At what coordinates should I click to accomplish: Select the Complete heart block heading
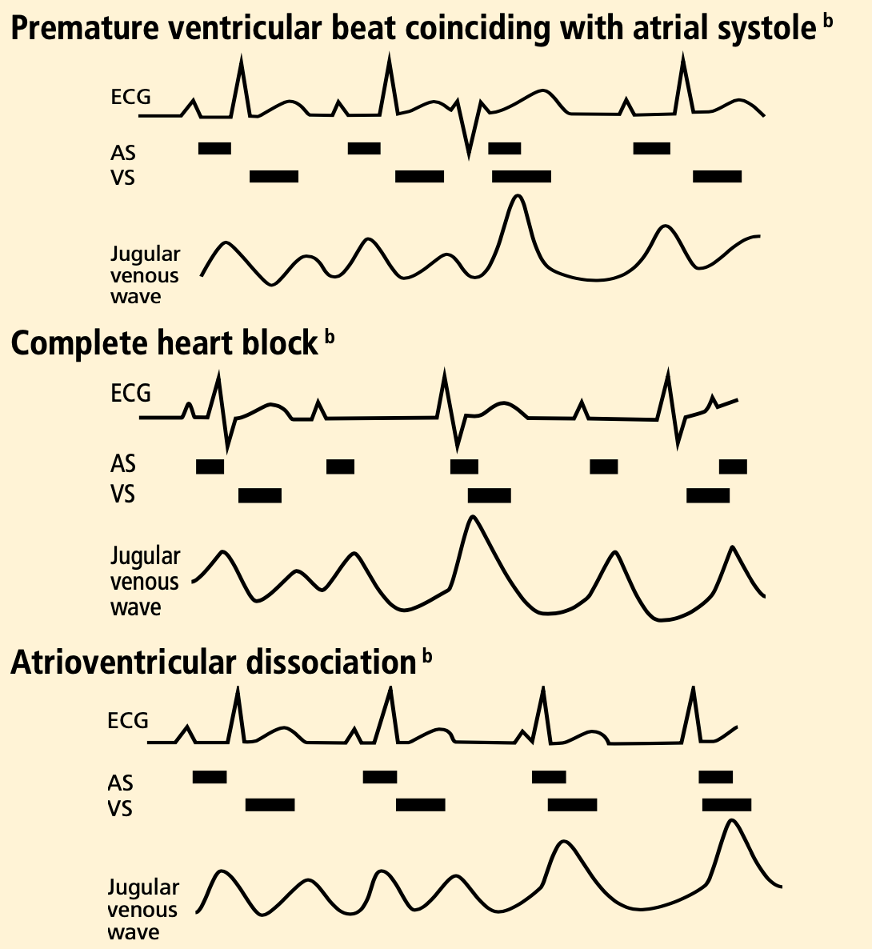coord(164,343)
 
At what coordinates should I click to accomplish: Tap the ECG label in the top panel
coord(130,98)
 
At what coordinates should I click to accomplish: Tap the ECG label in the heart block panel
coord(130,394)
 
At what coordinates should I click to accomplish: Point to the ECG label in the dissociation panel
coord(128,721)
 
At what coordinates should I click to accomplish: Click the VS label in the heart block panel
coord(123,495)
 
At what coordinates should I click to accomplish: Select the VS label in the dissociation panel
coord(120,808)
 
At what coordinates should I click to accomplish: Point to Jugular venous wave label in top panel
coord(145,275)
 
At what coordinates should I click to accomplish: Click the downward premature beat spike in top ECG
coord(469,152)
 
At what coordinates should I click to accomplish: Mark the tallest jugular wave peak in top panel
coord(518,198)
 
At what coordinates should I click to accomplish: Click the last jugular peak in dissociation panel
coord(730,821)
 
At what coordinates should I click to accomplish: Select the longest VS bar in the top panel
coord(522,176)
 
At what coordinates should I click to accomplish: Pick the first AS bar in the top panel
coord(214,147)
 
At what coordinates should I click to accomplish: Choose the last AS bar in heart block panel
coord(733,466)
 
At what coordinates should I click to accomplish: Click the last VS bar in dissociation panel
coord(726,804)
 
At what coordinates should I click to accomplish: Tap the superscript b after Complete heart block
coord(330,338)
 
